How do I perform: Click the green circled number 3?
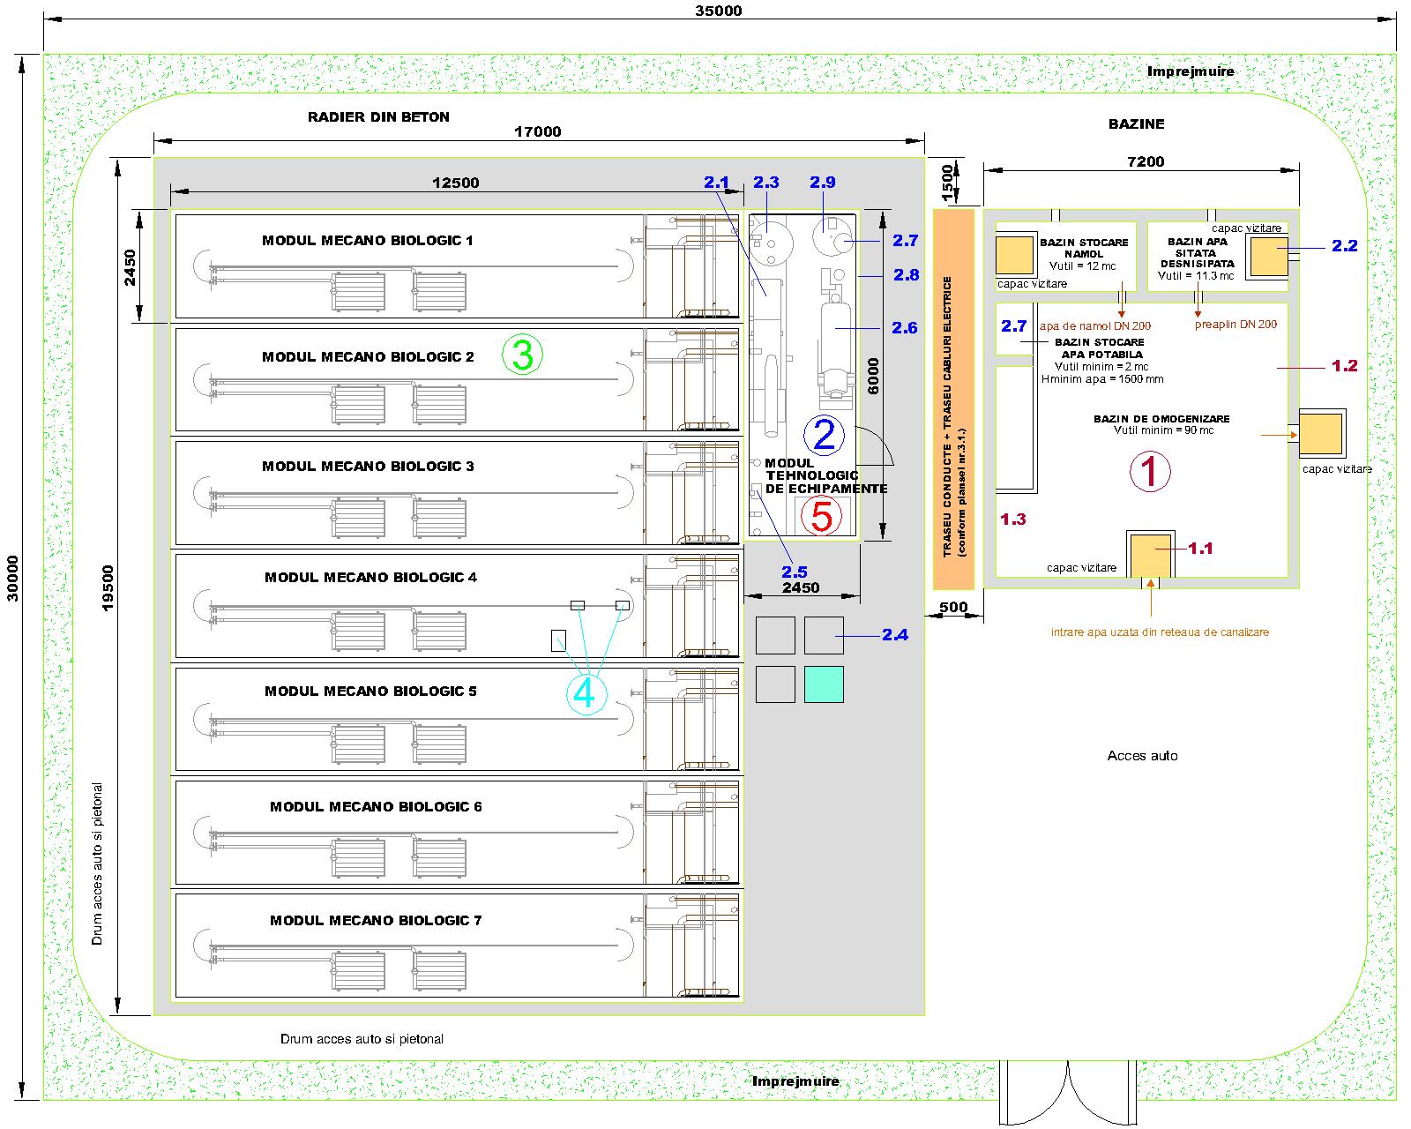[522, 355]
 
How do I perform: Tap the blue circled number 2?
[824, 435]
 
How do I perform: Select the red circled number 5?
[821, 517]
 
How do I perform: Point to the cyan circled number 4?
[585, 693]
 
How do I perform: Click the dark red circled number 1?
[1150, 471]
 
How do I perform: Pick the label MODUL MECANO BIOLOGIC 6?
[376, 806]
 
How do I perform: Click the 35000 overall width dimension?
[719, 11]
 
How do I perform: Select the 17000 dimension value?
[537, 132]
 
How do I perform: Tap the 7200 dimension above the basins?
[1145, 161]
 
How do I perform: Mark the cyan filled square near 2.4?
[824, 684]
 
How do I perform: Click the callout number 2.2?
[1344, 246]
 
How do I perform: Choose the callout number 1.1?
[1200, 548]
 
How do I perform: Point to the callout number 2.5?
[794, 572]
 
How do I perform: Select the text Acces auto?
[1142, 756]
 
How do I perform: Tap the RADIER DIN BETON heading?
[378, 116]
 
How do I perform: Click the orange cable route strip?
[953, 399]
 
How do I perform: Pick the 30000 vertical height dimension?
[12, 578]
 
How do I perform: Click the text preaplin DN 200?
[1235, 325]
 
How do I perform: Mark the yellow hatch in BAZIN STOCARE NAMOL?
[1014, 256]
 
